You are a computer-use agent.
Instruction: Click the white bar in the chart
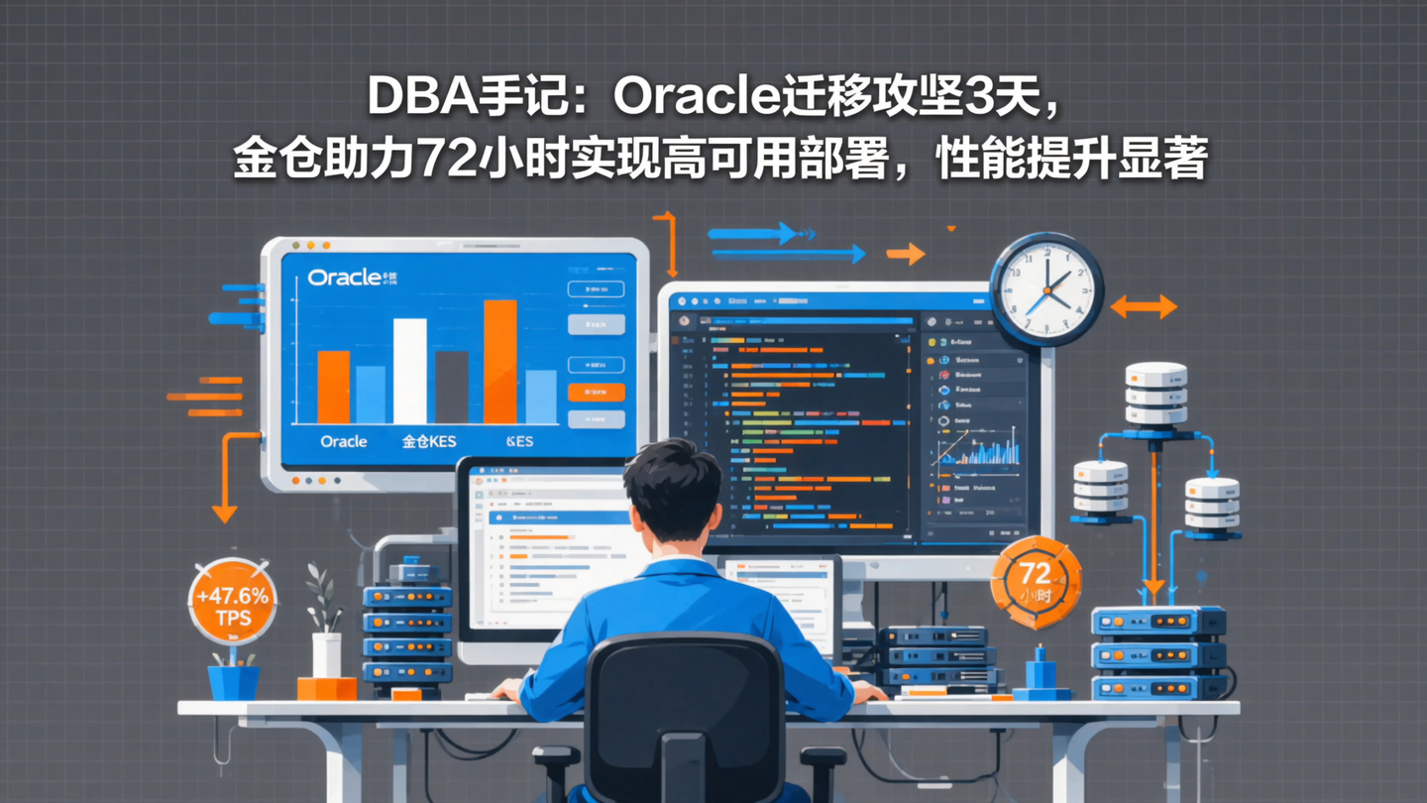tap(409, 371)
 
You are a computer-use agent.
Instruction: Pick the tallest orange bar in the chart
tap(499, 362)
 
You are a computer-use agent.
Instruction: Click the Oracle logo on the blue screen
tap(344, 278)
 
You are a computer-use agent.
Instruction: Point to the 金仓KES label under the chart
tap(429, 441)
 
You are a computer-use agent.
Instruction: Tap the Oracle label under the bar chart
tap(344, 441)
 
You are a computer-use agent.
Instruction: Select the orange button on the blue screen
tap(596, 393)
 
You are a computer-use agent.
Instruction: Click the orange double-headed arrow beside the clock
tap(1144, 306)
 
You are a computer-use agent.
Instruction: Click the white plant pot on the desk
tap(326, 654)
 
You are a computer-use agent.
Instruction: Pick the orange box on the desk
tap(326, 688)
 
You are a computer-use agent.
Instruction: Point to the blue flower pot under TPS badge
tap(233, 682)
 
